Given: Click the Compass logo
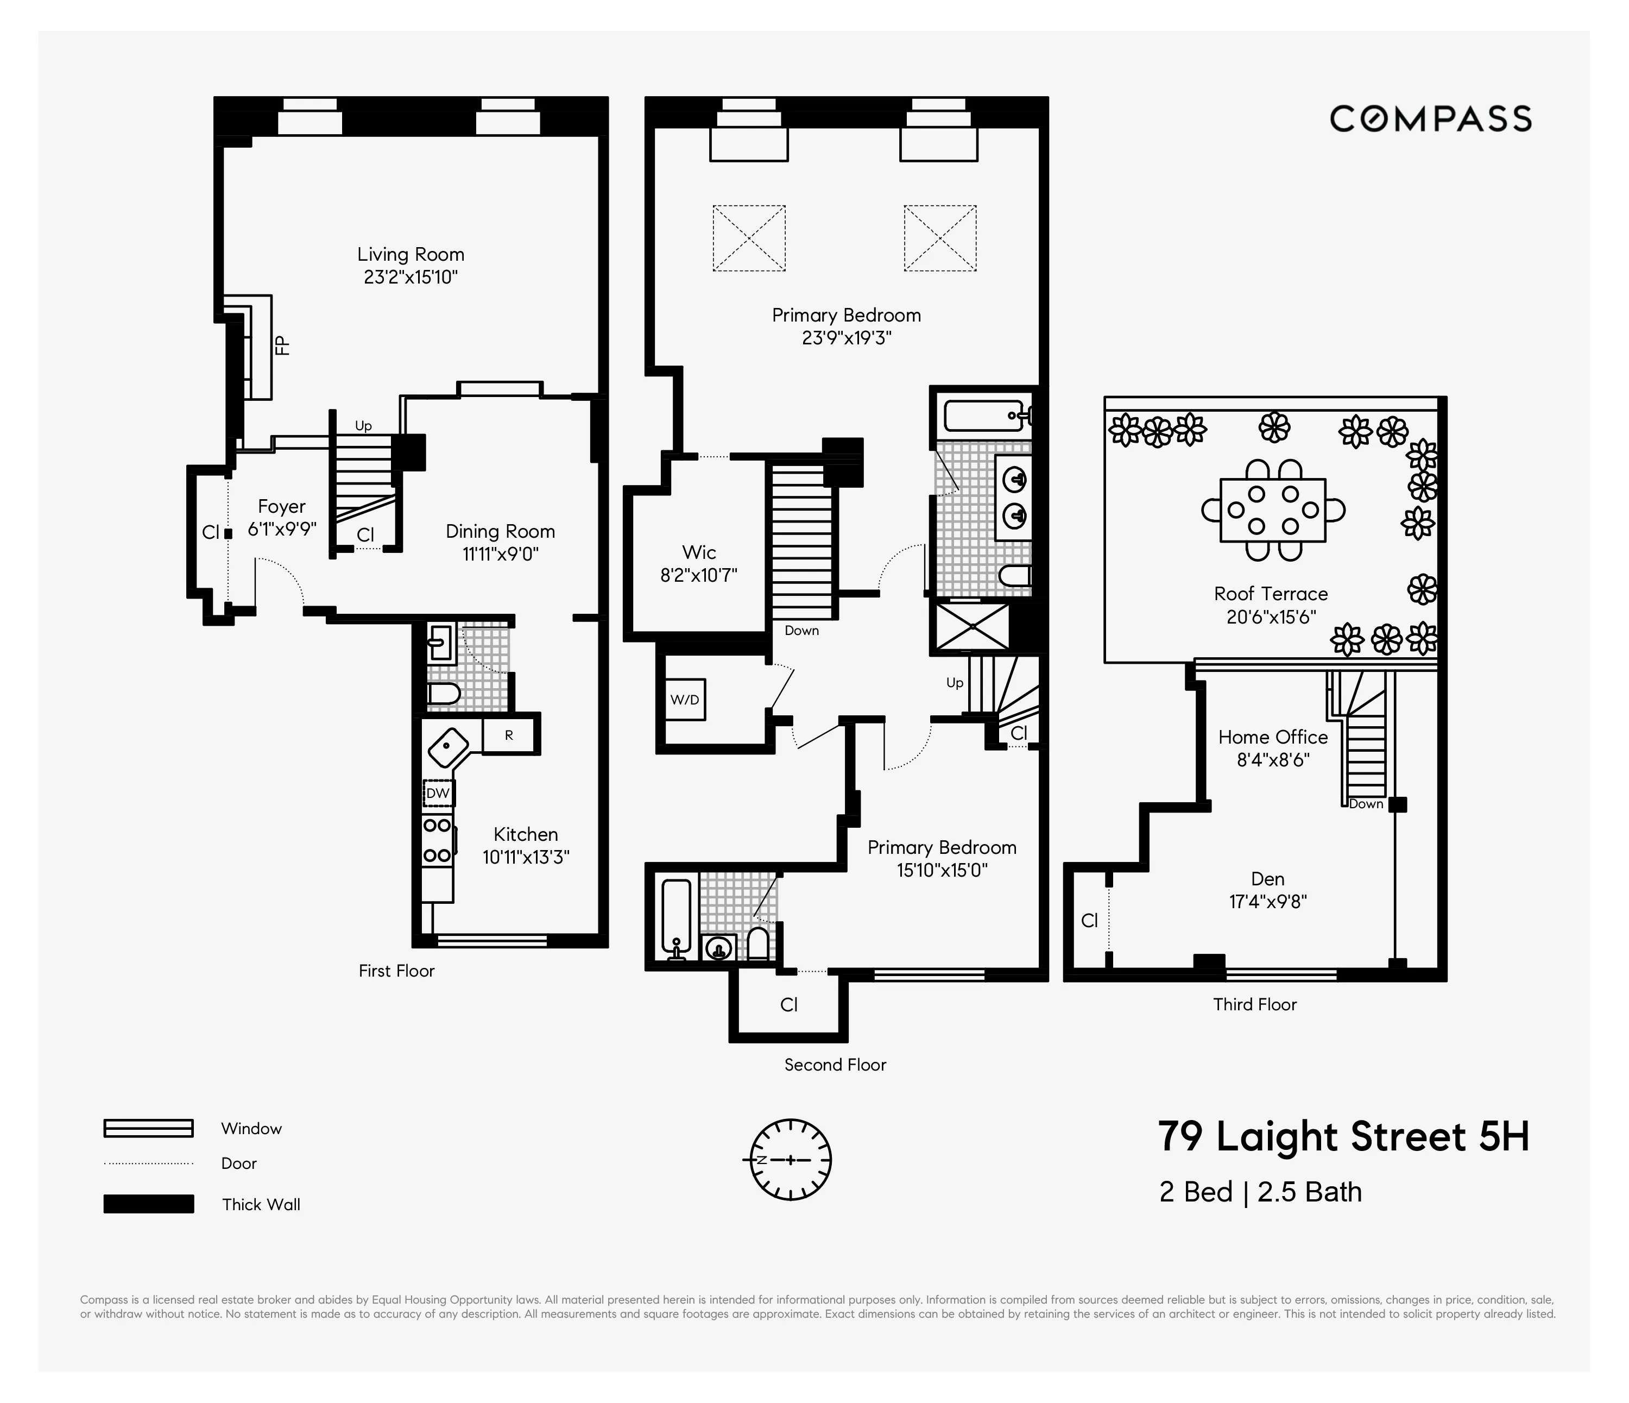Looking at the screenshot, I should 1430,119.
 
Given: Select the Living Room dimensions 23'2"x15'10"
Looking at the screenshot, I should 411,277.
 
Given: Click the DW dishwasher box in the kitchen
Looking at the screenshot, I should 437,792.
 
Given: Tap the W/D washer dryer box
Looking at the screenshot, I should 684,699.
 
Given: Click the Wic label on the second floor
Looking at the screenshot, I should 698,552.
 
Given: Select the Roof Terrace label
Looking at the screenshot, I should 1271,594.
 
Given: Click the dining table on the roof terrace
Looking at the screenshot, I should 1272,509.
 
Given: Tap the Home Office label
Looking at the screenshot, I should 1272,737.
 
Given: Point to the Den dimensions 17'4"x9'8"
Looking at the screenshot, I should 1267,901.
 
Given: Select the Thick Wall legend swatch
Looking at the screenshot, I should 149,1204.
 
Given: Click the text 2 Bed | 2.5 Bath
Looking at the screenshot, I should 1260,1192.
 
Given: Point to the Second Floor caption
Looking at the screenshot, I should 835,1065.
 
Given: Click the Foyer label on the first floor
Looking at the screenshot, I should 281,506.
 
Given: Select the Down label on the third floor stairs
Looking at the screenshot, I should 1366,804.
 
